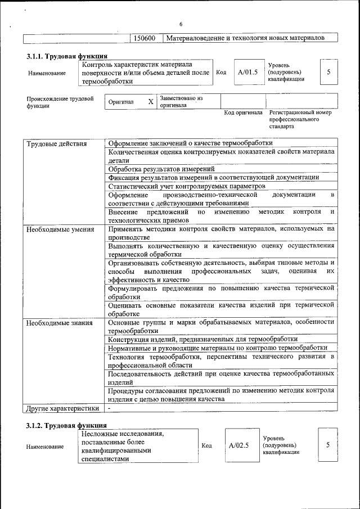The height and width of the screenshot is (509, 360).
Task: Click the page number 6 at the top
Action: click(181, 24)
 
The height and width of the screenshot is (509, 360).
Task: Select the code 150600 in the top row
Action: click(145, 38)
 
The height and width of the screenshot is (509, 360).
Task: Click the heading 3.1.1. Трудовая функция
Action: click(67, 56)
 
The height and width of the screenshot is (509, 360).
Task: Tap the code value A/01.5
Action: click(247, 72)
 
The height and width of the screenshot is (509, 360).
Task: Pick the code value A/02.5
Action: click(238, 445)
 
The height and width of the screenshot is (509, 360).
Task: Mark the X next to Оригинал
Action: click(150, 102)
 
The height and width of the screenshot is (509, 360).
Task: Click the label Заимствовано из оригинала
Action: click(181, 102)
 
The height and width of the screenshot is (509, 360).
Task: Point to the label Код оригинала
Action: click(243, 112)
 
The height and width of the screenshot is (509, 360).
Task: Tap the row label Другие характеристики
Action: click(62, 408)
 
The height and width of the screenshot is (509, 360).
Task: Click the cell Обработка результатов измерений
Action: click(161, 169)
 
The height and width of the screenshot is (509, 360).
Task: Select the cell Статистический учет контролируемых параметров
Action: click(186, 186)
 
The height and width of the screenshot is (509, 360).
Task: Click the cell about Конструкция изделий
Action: click(202, 339)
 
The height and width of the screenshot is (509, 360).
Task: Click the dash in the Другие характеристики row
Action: click(110, 408)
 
